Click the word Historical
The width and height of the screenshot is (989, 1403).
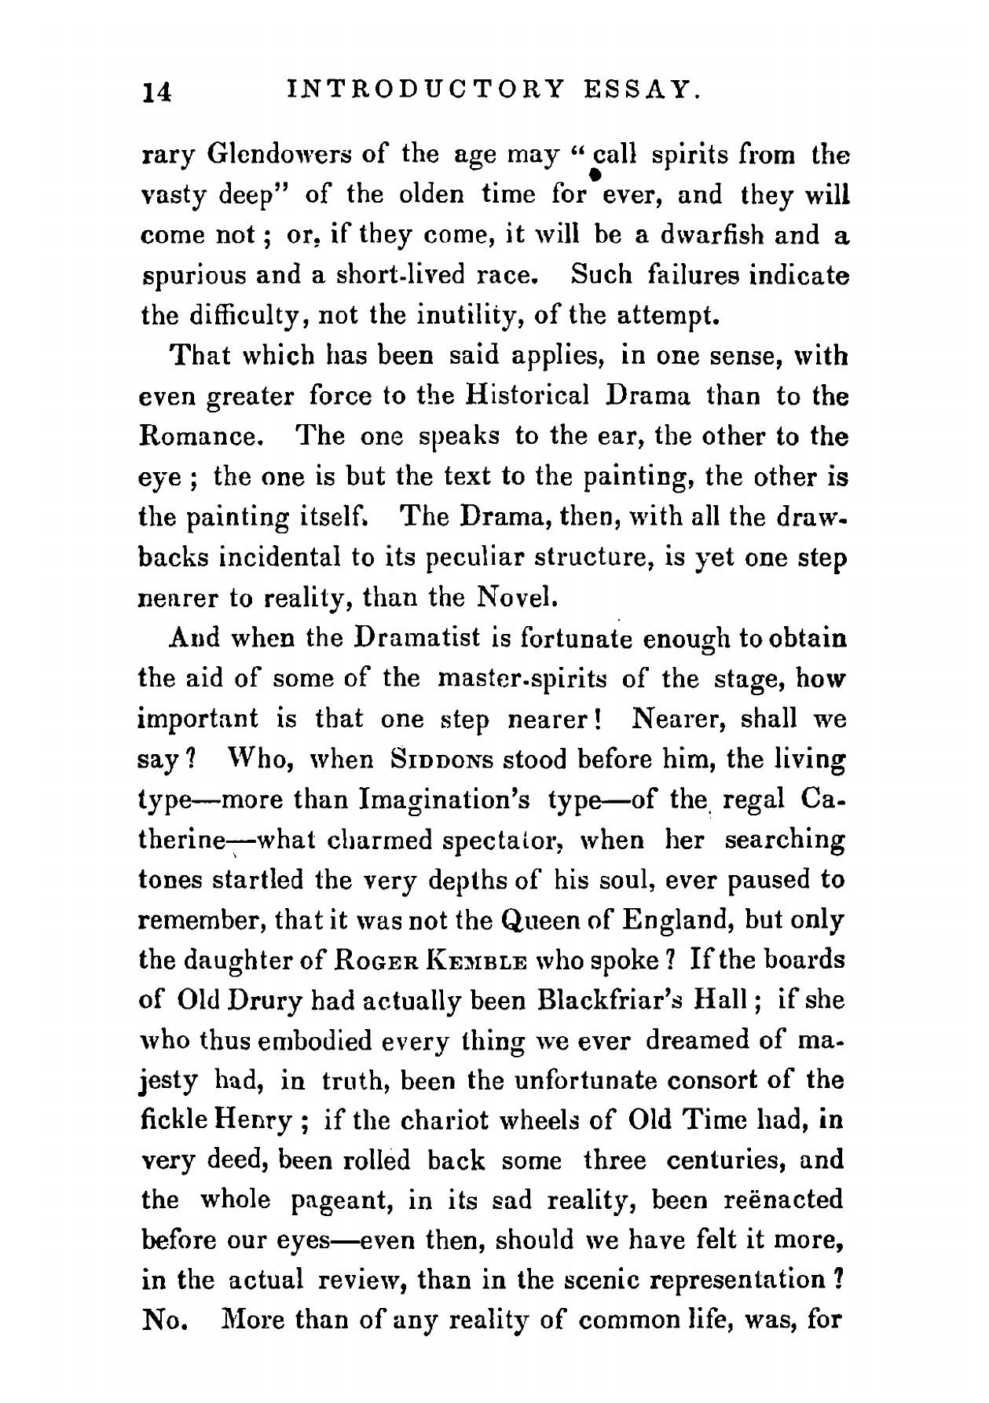527,396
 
